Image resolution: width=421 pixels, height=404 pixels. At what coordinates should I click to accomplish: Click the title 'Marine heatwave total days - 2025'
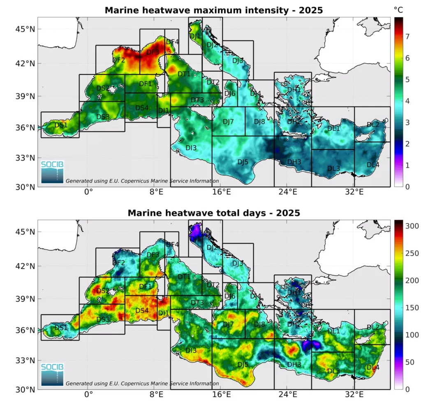tap(213, 213)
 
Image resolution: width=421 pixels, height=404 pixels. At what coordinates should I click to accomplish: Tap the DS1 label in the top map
tap(61, 125)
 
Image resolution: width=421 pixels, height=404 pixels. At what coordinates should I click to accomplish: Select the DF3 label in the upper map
tap(153, 52)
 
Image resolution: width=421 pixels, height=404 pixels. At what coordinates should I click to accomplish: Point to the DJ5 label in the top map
tap(243, 162)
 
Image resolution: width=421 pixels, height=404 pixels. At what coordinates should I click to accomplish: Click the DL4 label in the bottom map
tap(373, 367)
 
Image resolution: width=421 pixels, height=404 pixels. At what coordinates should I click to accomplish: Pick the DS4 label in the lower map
tap(142, 310)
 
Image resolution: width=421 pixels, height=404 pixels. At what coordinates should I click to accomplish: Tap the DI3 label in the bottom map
tap(191, 350)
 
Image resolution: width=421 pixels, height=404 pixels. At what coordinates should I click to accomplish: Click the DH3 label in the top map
tap(294, 162)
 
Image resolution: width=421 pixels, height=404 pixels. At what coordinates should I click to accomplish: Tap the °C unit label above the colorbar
tap(398, 9)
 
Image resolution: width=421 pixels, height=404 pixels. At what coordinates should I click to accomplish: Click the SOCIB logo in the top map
tap(53, 171)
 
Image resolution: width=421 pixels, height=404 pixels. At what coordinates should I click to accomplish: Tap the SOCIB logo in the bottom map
tap(53, 374)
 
